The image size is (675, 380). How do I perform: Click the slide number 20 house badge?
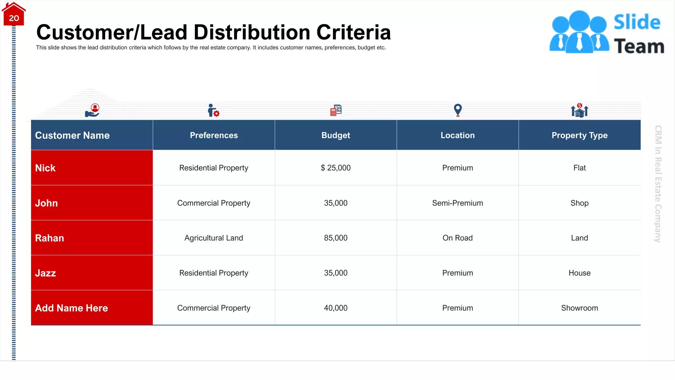point(14,15)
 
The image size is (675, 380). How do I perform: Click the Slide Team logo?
point(606,32)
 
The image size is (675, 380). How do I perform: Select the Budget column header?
point(336,135)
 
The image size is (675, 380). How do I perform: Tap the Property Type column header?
point(579,135)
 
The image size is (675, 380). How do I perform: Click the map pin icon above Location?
point(457,110)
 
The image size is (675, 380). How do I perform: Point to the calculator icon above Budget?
point(336,110)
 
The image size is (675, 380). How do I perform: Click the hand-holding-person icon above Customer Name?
point(92,111)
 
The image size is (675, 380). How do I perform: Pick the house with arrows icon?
point(579,111)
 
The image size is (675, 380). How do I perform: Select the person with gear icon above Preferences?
point(213,111)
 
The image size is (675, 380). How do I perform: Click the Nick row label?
point(45,168)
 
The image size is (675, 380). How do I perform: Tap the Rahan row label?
point(49,238)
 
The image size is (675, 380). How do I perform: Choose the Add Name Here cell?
point(72,308)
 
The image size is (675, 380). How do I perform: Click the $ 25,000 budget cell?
point(336,168)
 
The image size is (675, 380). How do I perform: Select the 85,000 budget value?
point(336,238)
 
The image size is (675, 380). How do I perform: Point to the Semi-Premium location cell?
point(457,203)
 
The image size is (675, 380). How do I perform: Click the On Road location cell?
point(457,238)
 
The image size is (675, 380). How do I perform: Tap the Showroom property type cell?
point(579,308)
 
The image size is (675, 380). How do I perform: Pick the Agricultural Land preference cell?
point(214,238)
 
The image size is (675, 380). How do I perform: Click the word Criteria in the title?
point(353,32)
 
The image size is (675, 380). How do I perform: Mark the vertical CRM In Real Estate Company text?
point(658,184)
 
